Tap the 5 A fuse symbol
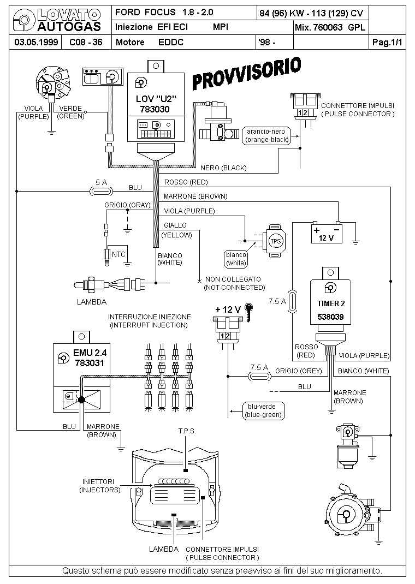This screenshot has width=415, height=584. click(x=100, y=191)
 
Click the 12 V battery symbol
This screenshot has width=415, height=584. click(x=327, y=233)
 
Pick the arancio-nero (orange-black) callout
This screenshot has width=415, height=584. click(x=268, y=135)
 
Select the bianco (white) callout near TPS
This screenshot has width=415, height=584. click(x=236, y=259)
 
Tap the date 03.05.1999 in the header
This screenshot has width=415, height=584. click(x=32, y=42)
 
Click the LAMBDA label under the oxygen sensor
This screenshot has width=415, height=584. click(x=92, y=301)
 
